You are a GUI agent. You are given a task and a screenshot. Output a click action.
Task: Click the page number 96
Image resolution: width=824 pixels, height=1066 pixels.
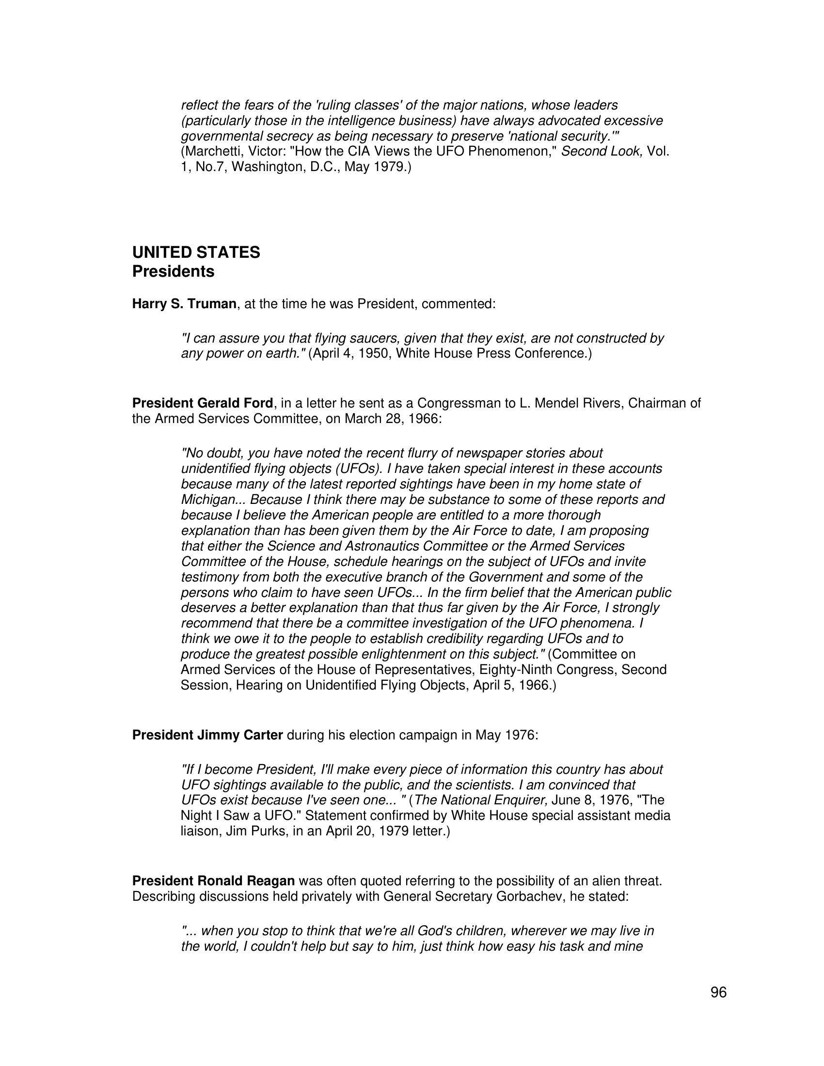tap(718, 992)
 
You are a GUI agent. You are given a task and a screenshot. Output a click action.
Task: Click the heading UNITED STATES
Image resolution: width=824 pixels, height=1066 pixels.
tap(196, 252)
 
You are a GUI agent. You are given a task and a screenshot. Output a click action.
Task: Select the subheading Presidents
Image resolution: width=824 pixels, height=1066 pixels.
tap(174, 271)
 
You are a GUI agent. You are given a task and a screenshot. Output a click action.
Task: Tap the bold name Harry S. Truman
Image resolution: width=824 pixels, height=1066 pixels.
tap(184, 304)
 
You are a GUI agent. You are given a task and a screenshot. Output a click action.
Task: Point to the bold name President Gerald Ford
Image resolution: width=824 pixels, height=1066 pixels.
tap(203, 403)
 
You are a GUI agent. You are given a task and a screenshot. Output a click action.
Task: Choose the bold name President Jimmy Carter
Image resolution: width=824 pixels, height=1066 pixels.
tap(207, 735)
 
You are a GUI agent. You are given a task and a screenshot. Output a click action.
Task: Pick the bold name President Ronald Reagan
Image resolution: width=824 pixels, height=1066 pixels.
tap(213, 881)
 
